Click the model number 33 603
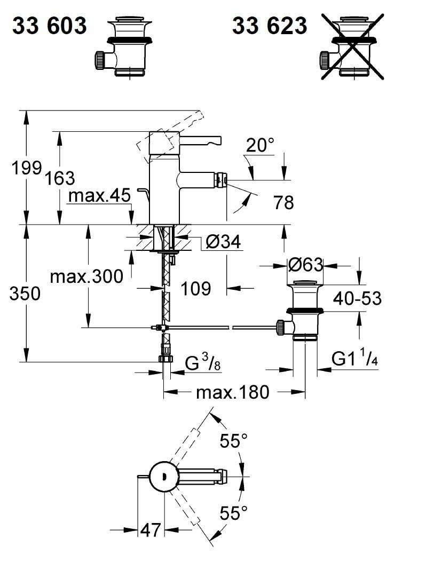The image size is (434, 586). click(50, 25)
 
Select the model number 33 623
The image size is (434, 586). click(270, 25)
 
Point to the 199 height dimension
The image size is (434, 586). click(26, 168)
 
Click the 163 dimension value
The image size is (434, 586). click(60, 178)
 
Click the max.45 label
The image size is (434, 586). click(99, 196)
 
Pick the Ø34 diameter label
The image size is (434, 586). click(223, 242)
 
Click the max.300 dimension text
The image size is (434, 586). click(86, 276)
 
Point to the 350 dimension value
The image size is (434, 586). click(25, 294)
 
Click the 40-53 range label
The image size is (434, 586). click(357, 298)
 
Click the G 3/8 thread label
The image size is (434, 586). click(202, 365)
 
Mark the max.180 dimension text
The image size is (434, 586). click(232, 393)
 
